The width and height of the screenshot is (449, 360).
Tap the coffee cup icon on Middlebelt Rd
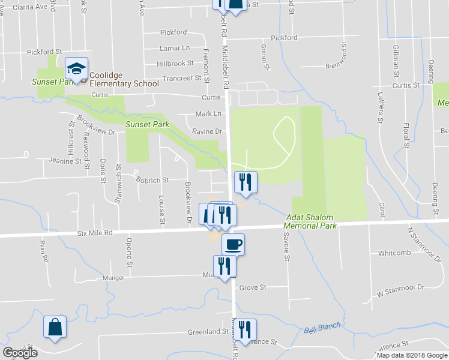[x=233, y=244]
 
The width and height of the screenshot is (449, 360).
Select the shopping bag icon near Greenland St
[x=55, y=328]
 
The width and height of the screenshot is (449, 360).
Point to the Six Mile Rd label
[x=95, y=233]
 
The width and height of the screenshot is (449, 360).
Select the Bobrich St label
[x=152, y=179]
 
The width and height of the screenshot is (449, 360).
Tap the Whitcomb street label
[x=394, y=253]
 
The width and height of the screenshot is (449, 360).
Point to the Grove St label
[x=253, y=287]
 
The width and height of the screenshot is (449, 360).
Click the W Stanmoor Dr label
[x=400, y=293]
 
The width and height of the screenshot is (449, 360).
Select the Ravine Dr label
[x=207, y=131]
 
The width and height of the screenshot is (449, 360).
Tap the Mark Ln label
[x=208, y=114]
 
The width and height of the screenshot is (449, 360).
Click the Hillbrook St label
[x=175, y=63]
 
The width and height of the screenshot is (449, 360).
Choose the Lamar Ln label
[x=175, y=48]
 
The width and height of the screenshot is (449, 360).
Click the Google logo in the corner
[x=20, y=353]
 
